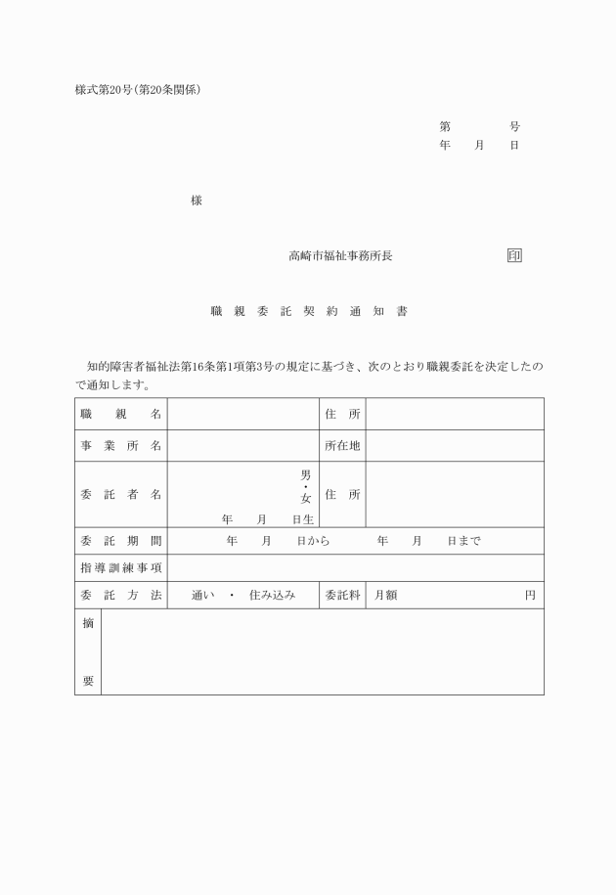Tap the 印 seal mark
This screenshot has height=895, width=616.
tap(514, 256)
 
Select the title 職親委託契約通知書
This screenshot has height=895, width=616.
tap(308, 312)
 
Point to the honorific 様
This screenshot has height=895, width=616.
tap(197, 201)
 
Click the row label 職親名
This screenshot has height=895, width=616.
tap(120, 414)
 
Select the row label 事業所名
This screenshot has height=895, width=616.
tap(120, 446)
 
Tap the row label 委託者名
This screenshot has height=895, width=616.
tap(120, 495)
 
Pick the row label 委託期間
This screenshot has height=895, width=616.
tap(120, 541)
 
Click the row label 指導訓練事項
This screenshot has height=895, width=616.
tap(120, 567)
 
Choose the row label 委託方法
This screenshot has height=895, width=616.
tap(120, 595)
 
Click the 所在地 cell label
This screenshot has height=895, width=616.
tap(342, 446)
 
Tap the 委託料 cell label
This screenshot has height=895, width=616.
tap(342, 595)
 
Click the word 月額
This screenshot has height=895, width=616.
tap(385, 595)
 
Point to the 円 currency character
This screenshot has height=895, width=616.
tap(530, 595)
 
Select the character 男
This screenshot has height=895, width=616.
tap(305, 474)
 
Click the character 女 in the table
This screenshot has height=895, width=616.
tap(305, 498)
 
